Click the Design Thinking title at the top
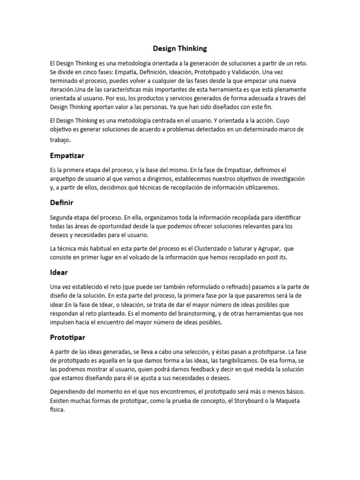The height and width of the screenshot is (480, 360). [x=180, y=48]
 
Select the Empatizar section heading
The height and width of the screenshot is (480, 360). [x=67, y=155]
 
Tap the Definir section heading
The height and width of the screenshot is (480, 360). [x=61, y=203]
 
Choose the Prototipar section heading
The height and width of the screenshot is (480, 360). [x=67, y=337]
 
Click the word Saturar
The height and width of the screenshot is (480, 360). [x=255, y=248]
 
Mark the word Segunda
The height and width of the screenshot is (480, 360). [x=63, y=217]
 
